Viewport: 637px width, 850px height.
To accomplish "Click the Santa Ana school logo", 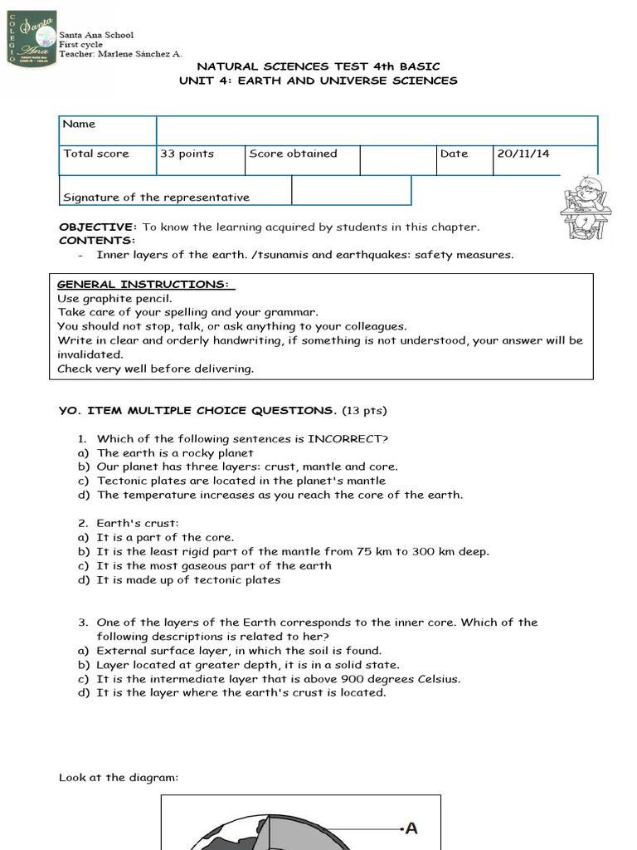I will (x=32, y=40).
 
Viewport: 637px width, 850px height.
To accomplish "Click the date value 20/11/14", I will (x=523, y=154).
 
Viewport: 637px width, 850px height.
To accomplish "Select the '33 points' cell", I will (x=187, y=154).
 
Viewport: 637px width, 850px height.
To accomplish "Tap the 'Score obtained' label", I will (x=293, y=154).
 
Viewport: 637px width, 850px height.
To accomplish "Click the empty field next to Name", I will (x=377, y=130).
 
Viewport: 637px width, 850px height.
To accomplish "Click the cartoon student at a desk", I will (x=586, y=207).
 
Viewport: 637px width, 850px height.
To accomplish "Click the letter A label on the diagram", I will (x=411, y=828).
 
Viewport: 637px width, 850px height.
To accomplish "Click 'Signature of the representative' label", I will (x=156, y=198).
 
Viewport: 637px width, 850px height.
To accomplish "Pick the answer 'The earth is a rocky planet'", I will (x=175, y=452).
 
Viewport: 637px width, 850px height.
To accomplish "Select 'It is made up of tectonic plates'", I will (x=188, y=579).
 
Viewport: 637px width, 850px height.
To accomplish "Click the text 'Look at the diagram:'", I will (x=119, y=777).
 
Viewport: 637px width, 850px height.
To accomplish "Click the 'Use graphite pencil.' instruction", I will (x=114, y=297).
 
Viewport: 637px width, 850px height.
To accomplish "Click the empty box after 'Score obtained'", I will (x=398, y=159).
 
